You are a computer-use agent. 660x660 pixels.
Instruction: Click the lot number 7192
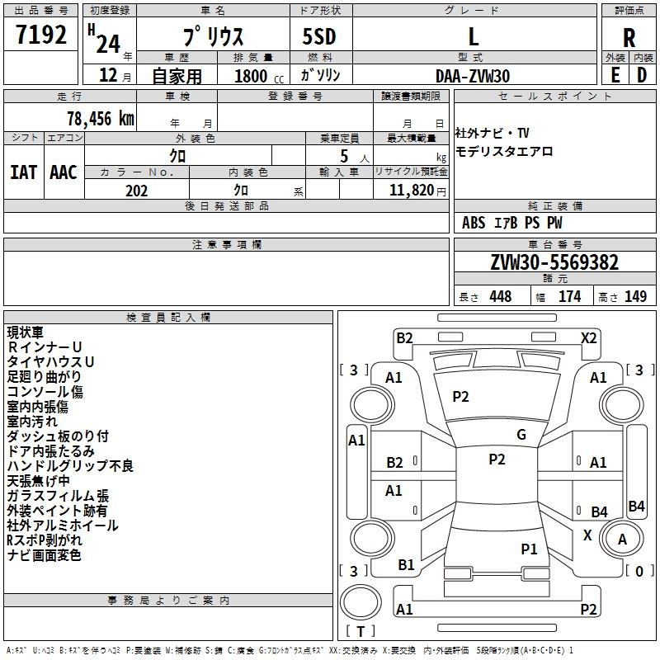tap(41, 35)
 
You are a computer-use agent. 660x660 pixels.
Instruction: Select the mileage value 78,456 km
tap(101, 119)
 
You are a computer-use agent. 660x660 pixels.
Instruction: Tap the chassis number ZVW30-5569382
tap(554, 262)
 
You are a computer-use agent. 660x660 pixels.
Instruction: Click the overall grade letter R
tap(629, 38)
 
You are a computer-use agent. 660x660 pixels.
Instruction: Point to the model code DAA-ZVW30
tap(473, 76)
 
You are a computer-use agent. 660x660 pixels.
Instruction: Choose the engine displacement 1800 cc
tap(259, 76)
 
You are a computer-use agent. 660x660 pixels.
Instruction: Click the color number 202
tap(136, 191)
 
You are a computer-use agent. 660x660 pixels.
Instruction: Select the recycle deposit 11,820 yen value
tap(417, 191)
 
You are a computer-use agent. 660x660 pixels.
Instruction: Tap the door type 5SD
tap(319, 36)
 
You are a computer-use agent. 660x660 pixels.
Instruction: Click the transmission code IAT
tap(23, 172)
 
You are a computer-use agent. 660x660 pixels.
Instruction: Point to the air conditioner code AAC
tap(64, 172)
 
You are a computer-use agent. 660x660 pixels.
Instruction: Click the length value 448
tap(501, 296)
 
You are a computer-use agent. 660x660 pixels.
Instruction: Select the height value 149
tap(635, 296)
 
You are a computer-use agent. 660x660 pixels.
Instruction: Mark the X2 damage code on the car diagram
tap(588, 338)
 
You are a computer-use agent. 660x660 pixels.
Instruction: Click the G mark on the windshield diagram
tap(521, 435)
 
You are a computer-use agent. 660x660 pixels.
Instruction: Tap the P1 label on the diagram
tap(529, 549)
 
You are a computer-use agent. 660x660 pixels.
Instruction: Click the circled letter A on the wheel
tap(622, 540)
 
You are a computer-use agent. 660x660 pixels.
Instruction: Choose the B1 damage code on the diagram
tap(406, 565)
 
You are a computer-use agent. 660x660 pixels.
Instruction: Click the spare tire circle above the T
tap(361, 602)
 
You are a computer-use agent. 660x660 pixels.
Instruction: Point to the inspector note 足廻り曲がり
tap(44, 376)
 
